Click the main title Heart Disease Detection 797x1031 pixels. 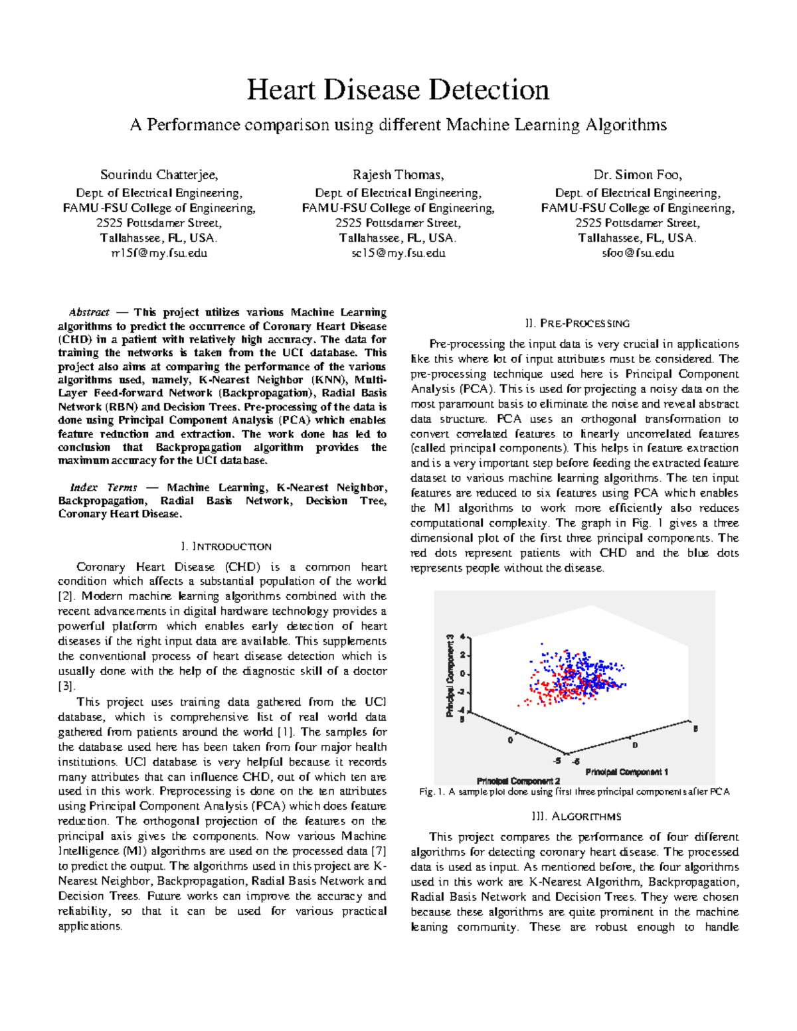(x=398, y=90)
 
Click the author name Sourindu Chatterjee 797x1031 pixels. (x=159, y=175)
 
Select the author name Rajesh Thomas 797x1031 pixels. (x=398, y=175)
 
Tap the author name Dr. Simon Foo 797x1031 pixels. (x=638, y=175)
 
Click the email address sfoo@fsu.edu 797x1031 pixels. (x=638, y=253)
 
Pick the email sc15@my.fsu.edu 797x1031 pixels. (x=398, y=253)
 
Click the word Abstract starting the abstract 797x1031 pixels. (x=89, y=313)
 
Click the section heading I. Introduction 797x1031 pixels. (x=226, y=547)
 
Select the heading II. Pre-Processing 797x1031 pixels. (x=576, y=324)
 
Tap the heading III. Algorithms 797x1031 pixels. (x=576, y=817)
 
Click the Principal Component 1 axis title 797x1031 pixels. (x=626, y=772)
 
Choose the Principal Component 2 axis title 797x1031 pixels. (x=518, y=781)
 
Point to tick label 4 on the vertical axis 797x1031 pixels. (x=462, y=637)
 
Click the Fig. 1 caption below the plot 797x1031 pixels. (x=575, y=792)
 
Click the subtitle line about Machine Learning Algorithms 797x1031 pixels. (x=398, y=125)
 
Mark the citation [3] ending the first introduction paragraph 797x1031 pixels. (x=66, y=686)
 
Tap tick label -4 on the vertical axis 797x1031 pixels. (x=461, y=710)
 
